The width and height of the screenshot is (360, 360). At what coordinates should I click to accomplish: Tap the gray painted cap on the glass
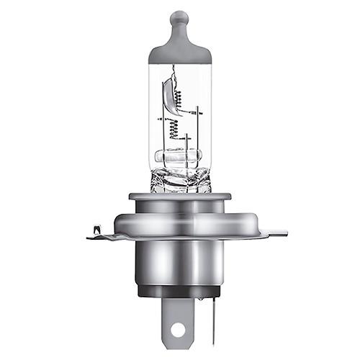(179, 49)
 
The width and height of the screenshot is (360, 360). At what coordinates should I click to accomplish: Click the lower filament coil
(174, 130)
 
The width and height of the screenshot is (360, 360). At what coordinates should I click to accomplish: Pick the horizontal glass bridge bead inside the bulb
(180, 157)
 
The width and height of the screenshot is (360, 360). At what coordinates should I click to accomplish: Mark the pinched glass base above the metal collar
(180, 180)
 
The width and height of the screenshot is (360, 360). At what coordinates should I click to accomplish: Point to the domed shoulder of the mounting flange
(180, 220)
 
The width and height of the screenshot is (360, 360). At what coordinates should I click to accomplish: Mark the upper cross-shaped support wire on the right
(195, 112)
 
